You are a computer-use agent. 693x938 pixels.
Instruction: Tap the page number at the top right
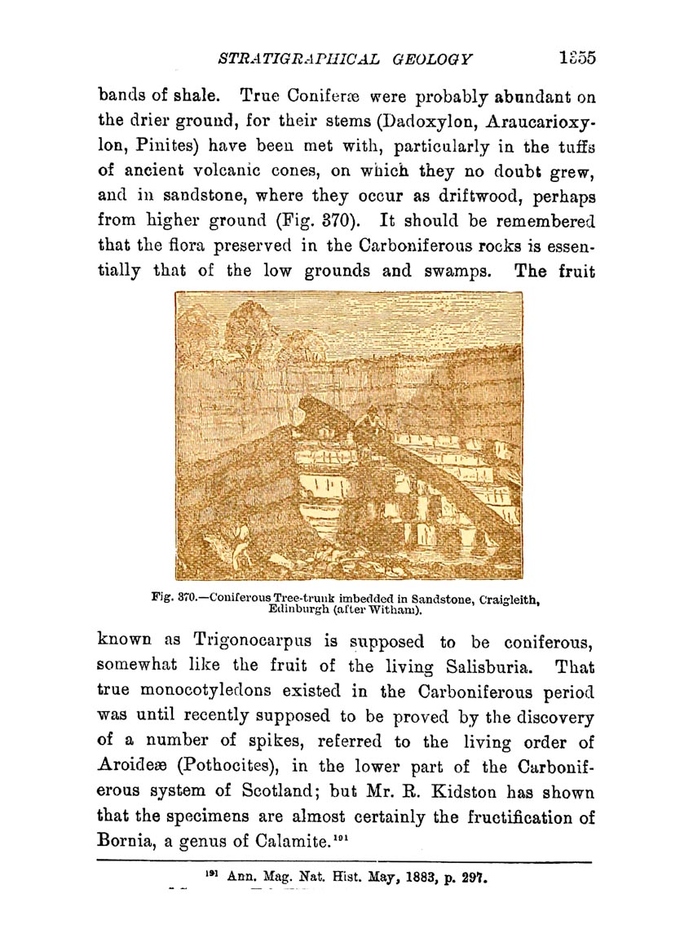coord(579,58)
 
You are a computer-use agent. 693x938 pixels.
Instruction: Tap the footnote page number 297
coord(474,878)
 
